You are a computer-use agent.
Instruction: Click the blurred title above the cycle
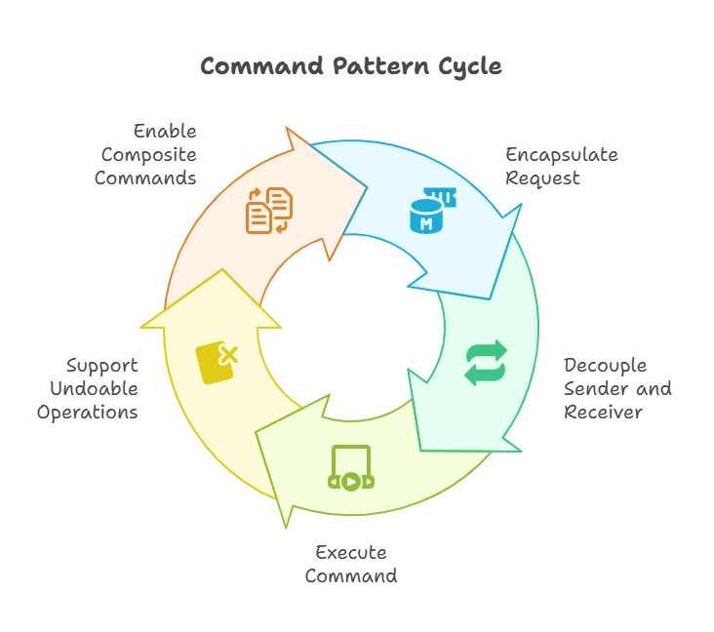pyautogui.click(x=351, y=66)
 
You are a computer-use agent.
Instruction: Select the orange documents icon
pyautogui.click(x=268, y=211)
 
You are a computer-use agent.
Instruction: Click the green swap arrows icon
pyautogui.click(x=485, y=363)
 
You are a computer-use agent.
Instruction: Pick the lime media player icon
pyautogui.click(x=351, y=468)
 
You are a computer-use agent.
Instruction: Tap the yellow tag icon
pyautogui.click(x=217, y=363)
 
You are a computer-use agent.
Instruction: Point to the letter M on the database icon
pyautogui.click(x=425, y=223)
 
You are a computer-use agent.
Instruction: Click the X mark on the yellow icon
pyautogui.click(x=228, y=355)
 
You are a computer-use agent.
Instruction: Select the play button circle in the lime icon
pyautogui.click(x=351, y=481)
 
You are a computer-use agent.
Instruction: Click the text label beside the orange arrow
pyautogui.click(x=152, y=154)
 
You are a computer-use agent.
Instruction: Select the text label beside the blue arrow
pyautogui.click(x=560, y=166)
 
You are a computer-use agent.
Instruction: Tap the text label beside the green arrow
pyautogui.click(x=618, y=387)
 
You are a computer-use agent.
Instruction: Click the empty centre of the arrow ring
pyautogui.click(x=351, y=322)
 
